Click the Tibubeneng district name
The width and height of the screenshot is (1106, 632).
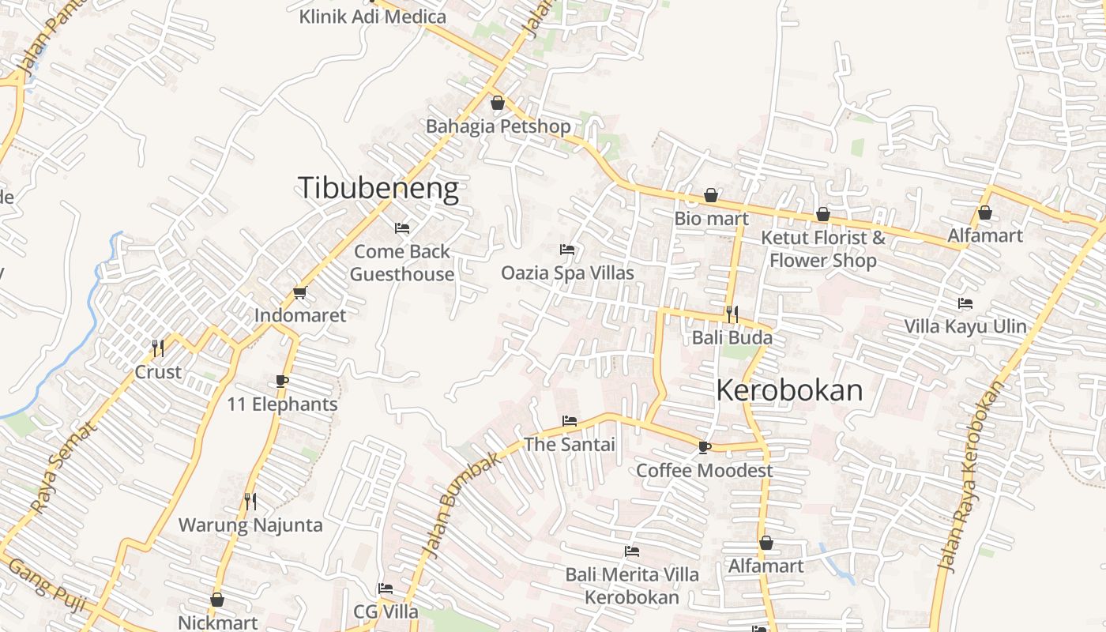[378, 189]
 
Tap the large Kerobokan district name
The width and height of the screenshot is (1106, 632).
[789, 390]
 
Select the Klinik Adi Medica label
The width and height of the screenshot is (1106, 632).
[372, 17]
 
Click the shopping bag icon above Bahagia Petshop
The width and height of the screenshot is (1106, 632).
[498, 103]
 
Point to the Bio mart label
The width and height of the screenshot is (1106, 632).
[711, 218]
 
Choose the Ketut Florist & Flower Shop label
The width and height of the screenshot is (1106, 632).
[822, 249]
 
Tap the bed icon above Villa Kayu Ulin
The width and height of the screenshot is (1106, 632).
[965, 303]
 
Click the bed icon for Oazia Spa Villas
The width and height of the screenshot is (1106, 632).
[566, 250]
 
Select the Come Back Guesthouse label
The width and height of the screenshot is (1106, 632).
[402, 262]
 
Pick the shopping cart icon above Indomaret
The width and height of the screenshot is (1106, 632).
[299, 293]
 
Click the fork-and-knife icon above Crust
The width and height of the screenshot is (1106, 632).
[158, 348]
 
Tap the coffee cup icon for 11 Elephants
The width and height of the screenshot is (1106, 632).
[282, 382]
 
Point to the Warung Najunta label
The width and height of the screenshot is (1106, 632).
[250, 525]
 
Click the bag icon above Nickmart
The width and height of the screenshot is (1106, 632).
[217, 600]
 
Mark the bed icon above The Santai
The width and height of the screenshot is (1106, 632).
[569, 421]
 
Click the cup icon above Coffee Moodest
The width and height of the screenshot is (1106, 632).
[704, 448]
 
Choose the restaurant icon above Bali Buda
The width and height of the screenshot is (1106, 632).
[732, 314]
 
